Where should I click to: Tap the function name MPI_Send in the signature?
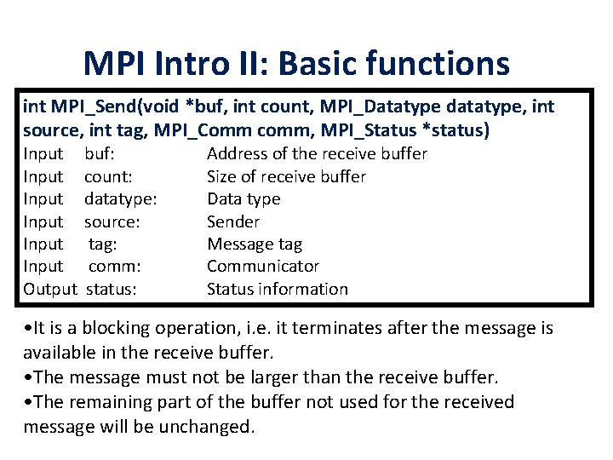88,107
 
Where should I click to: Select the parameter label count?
108,176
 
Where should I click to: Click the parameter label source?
112,221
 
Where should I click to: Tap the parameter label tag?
103,244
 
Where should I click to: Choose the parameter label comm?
114,267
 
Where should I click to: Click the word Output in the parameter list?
50,289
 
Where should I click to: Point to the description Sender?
232,221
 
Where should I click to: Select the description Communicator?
263,267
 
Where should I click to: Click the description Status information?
277,289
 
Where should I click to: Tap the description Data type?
243,198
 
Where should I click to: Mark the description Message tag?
254,244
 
